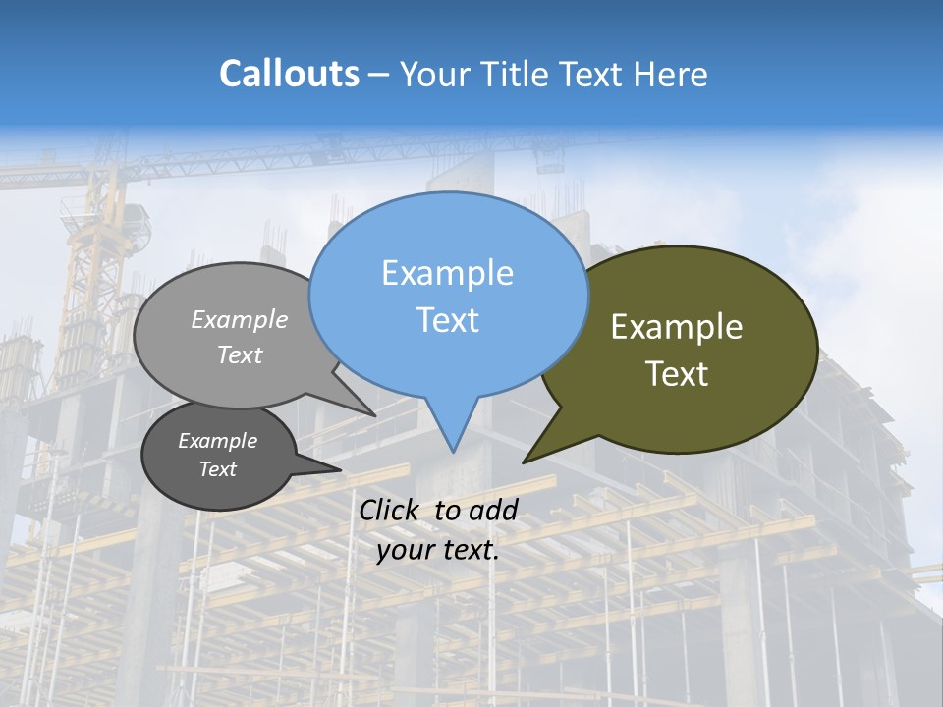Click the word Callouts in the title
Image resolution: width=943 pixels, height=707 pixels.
tap(289, 74)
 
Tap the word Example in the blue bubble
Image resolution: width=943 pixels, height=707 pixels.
tap(447, 273)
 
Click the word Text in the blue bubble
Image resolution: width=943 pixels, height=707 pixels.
tap(447, 320)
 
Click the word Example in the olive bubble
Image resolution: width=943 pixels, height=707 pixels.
tap(677, 327)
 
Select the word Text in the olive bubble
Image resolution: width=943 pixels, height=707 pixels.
tap(677, 374)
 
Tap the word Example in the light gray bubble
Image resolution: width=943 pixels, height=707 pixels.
tap(240, 319)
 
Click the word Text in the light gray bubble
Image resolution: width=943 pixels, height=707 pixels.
tap(240, 354)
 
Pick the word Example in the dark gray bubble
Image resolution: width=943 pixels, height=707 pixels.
tap(217, 441)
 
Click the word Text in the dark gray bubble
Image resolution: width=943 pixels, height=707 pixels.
tap(217, 469)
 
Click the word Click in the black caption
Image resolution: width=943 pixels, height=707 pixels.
tap(390, 510)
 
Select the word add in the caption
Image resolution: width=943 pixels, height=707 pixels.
tap(493, 510)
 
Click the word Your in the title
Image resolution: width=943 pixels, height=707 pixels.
tap(433, 74)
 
